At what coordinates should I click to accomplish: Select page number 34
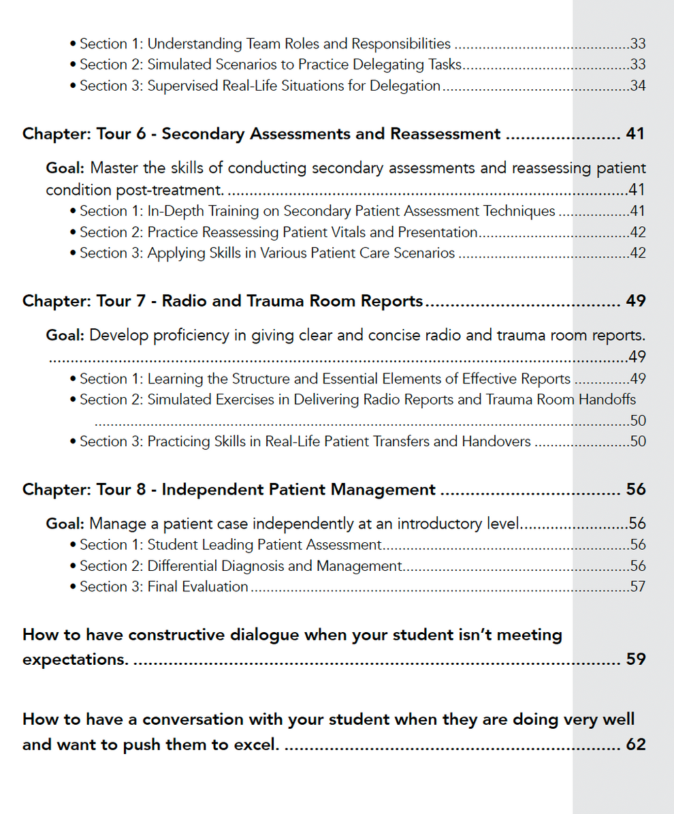[638, 87]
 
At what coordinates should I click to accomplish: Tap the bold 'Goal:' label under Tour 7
[65, 335]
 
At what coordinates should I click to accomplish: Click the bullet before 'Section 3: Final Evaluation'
[73, 587]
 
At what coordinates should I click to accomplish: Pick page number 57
[638, 587]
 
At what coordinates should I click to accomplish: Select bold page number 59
[635, 660]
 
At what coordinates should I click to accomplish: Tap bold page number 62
[635, 745]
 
